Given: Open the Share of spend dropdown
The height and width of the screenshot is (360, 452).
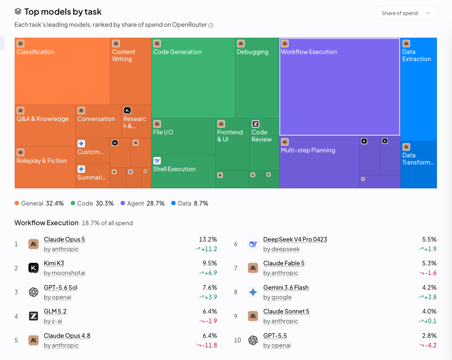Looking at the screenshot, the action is [406, 13].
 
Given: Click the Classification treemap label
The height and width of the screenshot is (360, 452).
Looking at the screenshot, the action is [36, 52].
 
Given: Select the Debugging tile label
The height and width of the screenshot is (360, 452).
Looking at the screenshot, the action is [253, 52].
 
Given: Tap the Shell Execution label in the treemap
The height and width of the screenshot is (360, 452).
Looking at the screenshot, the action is [174, 169].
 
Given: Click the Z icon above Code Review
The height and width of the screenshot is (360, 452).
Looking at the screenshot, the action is [256, 124].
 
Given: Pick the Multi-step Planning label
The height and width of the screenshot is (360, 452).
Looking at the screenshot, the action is [308, 150].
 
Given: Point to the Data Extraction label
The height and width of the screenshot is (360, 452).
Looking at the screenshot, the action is [416, 55].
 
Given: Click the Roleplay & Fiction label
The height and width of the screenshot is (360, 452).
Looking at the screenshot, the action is [41, 161].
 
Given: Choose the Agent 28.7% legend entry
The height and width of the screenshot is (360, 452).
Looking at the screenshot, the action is [142, 203].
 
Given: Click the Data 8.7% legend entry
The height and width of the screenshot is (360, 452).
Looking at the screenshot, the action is [190, 203].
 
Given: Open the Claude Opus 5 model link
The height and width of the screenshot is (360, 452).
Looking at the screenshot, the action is [64, 239].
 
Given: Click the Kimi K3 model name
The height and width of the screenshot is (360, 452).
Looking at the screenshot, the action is [54, 263].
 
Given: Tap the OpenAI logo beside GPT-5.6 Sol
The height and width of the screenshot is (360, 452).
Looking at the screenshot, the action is [34, 292].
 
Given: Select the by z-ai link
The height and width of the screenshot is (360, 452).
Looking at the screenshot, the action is [53, 321].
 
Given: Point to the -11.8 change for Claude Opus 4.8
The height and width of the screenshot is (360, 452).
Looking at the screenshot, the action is [207, 345].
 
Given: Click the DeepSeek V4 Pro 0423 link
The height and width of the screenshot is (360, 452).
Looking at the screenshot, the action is [295, 239].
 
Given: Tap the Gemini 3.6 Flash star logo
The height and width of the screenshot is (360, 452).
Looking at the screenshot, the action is [253, 292].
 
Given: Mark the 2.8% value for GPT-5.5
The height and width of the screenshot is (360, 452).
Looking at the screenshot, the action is [429, 336].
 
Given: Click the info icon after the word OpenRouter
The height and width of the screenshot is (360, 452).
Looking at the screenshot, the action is [211, 26].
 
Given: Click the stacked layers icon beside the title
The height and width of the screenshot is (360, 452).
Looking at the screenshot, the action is [18, 12].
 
